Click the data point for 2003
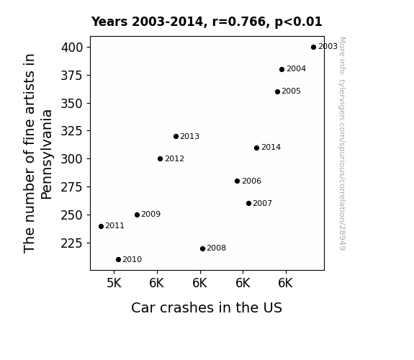pyautogui.click(x=313, y=48)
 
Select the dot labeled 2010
pyautogui.click(x=118, y=260)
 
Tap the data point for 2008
pyautogui.click(x=202, y=249)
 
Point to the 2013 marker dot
pyautogui.click(x=176, y=137)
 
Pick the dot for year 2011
pyautogui.click(x=101, y=226)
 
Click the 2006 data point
pyautogui.click(x=237, y=181)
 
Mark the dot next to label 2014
pyautogui.click(x=256, y=148)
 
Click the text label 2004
pyautogui.click(x=296, y=68)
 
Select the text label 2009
pyautogui.click(x=150, y=215)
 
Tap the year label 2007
pyautogui.click(x=263, y=203)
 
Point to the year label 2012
pyautogui.click(x=174, y=158)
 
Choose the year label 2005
pyautogui.click(x=291, y=91)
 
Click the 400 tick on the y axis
pyautogui.click(x=72, y=48)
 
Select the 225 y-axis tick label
pyautogui.click(x=72, y=243)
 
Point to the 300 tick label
pyautogui.click(x=72, y=159)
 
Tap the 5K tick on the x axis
pyautogui.click(x=114, y=283)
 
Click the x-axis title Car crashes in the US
pyautogui.click(x=207, y=307)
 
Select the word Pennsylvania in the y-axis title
pyautogui.click(x=47, y=155)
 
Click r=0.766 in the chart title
pyautogui.click(x=239, y=22)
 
